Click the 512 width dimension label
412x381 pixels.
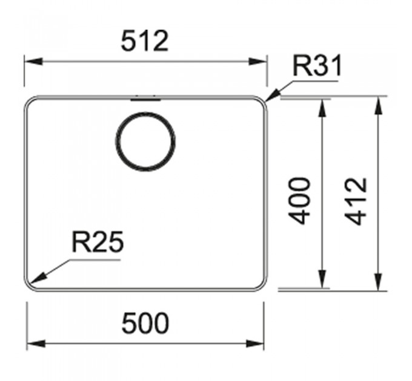click(x=145, y=41)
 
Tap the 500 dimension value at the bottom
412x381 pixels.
click(x=145, y=323)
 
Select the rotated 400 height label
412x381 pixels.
click(x=299, y=201)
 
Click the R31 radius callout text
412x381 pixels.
click(x=317, y=65)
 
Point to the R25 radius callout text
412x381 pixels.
click(x=98, y=242)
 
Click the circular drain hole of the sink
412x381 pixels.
click(x=145, y=142)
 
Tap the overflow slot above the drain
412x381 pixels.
click(x=145, y=99)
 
